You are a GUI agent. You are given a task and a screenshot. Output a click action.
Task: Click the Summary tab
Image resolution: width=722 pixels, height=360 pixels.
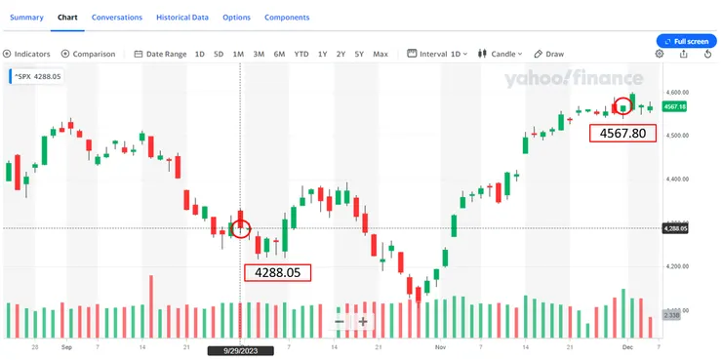click(x=27, y=18)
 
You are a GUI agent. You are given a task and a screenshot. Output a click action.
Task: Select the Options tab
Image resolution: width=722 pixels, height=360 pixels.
click(x=236, y=18)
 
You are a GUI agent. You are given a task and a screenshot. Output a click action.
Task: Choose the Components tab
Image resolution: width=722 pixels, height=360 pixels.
click(x=287, y=18)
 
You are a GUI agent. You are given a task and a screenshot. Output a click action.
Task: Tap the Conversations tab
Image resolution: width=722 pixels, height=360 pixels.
click(x=117, y=18)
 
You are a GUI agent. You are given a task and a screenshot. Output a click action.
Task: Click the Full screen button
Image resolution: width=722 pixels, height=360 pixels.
click(x=689, y=41)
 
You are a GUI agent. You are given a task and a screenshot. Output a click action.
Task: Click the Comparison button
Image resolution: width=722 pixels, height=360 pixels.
click(x=89, y=54)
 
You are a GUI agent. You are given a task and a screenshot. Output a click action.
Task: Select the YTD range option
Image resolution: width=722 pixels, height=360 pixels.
click(x=301, y=54)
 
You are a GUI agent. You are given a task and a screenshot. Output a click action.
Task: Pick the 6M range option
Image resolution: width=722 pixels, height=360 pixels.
click(x=279, y=54)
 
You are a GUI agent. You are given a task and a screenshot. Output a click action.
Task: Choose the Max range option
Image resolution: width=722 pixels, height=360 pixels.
click(x=380, y=54)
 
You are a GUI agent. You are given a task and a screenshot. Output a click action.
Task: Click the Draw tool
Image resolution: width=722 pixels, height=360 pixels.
click(x=550, y=54)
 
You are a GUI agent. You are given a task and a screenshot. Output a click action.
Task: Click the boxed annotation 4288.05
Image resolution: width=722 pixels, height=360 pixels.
click(x=277, y=272)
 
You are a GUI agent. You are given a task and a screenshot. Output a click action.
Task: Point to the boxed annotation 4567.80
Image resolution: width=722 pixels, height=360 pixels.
click(x=622, y=134)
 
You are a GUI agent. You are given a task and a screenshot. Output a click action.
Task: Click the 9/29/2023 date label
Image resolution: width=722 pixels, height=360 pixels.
click(x=240, y=348)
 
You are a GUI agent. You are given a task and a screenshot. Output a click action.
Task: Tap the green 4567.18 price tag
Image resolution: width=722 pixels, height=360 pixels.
click(x=675, y=106)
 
